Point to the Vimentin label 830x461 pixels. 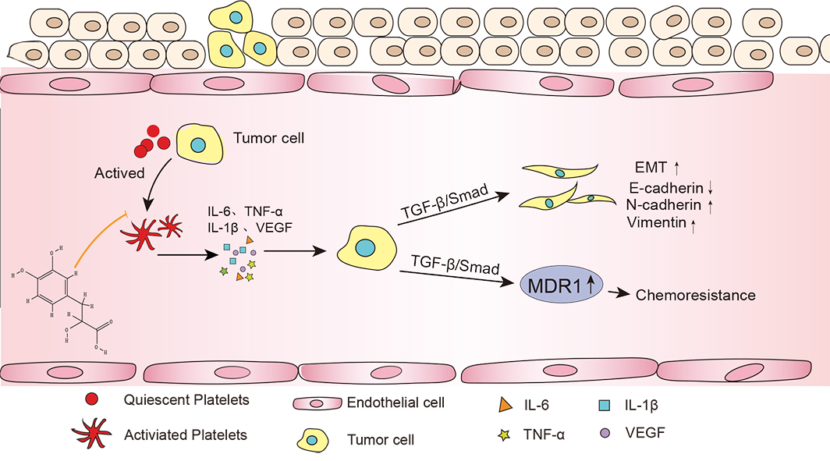(x=654, y=224)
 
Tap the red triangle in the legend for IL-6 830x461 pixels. (x=505, y=405)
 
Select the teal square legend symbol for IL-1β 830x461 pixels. (x=604, y=405)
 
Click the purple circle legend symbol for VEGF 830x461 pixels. (x=604, y=431)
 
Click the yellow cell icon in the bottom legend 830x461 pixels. (x=310, y=440)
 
